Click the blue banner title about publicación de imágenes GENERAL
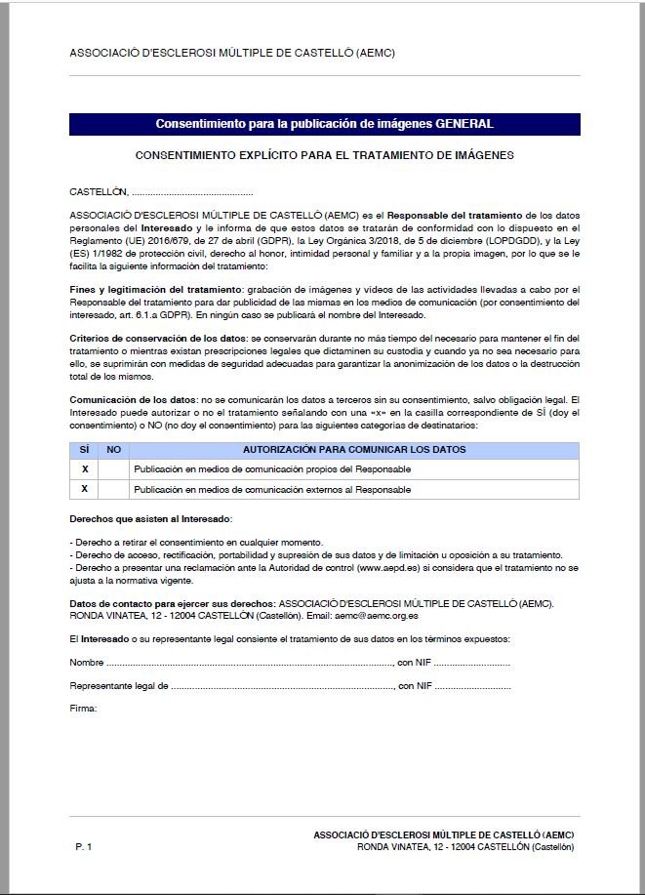click(324, 124)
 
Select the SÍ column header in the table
click(84, 450)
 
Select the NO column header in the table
click(113, 450)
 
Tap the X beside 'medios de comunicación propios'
click(85, 469)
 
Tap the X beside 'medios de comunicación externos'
click(85, 488)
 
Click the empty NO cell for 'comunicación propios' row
click(113, 469)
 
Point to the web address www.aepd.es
click(383, 567)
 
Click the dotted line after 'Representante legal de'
click(283, 686)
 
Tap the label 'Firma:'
click(83, 709)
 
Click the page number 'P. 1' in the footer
click(83, 846)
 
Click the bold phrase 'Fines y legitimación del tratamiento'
click(155, 290)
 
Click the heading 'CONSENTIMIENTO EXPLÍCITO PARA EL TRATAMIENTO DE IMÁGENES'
click(324, 154)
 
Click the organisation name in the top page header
click(231, 54)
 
